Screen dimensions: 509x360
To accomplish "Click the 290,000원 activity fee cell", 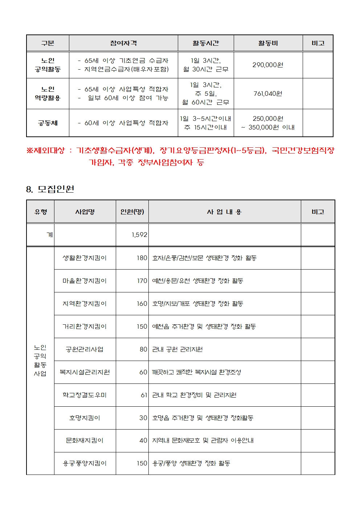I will (268, 65).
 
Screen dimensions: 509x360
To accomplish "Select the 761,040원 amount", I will (268, 94).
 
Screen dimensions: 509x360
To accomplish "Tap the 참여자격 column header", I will (123, 43).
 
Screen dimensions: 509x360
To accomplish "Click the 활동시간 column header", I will (206, 43).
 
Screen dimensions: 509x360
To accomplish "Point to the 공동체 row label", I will (48, 123).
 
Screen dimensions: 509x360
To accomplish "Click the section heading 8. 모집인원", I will (50, 189).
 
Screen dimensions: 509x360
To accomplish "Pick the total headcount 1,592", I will (139, 235).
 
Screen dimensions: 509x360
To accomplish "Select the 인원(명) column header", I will (132, 212).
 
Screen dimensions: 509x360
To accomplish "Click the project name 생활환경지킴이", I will (85, 258).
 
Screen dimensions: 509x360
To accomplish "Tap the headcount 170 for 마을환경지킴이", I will (142, 281).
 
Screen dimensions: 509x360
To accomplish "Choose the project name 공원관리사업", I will (85, 349).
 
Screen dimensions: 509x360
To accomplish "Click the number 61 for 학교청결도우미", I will (144, 395).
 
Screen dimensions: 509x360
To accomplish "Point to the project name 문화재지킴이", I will (85, 440).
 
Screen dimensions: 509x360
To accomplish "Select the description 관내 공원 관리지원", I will (177, 349).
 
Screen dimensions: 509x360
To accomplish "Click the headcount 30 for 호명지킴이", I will (143, 418).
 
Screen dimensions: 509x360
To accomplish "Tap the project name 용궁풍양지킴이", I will (85, 463).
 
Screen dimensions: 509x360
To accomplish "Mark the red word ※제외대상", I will (45, 151).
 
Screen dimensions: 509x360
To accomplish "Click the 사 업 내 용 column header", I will (224, 212).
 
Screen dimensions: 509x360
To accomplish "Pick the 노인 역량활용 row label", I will (48, 94).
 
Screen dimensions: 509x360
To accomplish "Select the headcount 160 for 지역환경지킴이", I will (142, 304).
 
